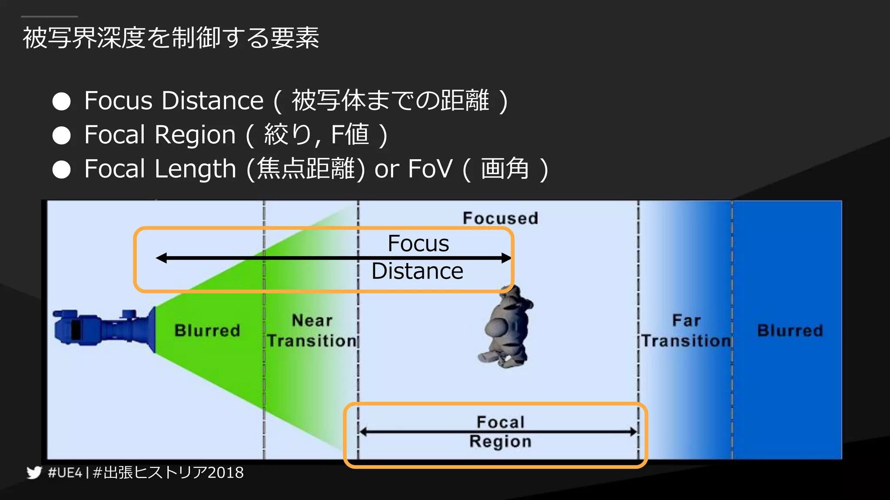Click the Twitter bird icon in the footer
coord(34,472)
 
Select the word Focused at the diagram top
coord(500,218)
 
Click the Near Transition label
coord(312,331)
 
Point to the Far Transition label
coord(686,331)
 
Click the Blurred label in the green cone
coord(207,331)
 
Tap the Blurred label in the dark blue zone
coord(790,331)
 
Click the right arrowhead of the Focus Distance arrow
coord(506,258)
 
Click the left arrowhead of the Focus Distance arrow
coord(161,258)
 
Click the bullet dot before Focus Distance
coord(61,102)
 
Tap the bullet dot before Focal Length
coord(61,170)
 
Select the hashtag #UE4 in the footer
coord(65,472)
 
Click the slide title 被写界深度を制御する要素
coord(171,38)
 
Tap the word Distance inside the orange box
coord(417,271)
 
